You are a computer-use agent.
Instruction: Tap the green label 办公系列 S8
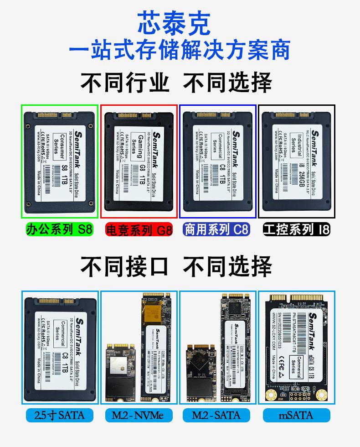tap(59, 229)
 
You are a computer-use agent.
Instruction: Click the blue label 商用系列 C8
tap(216, 229)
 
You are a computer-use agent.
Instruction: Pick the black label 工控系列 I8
tap(296, 229)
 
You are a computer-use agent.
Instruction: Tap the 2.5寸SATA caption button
tap(59, 415)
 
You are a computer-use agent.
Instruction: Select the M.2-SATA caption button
tap(216, 415)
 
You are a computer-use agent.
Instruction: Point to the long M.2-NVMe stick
tap(157, 347)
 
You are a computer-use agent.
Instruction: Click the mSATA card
tap(297, 347)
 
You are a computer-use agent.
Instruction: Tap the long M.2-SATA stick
tap(236, 347)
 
